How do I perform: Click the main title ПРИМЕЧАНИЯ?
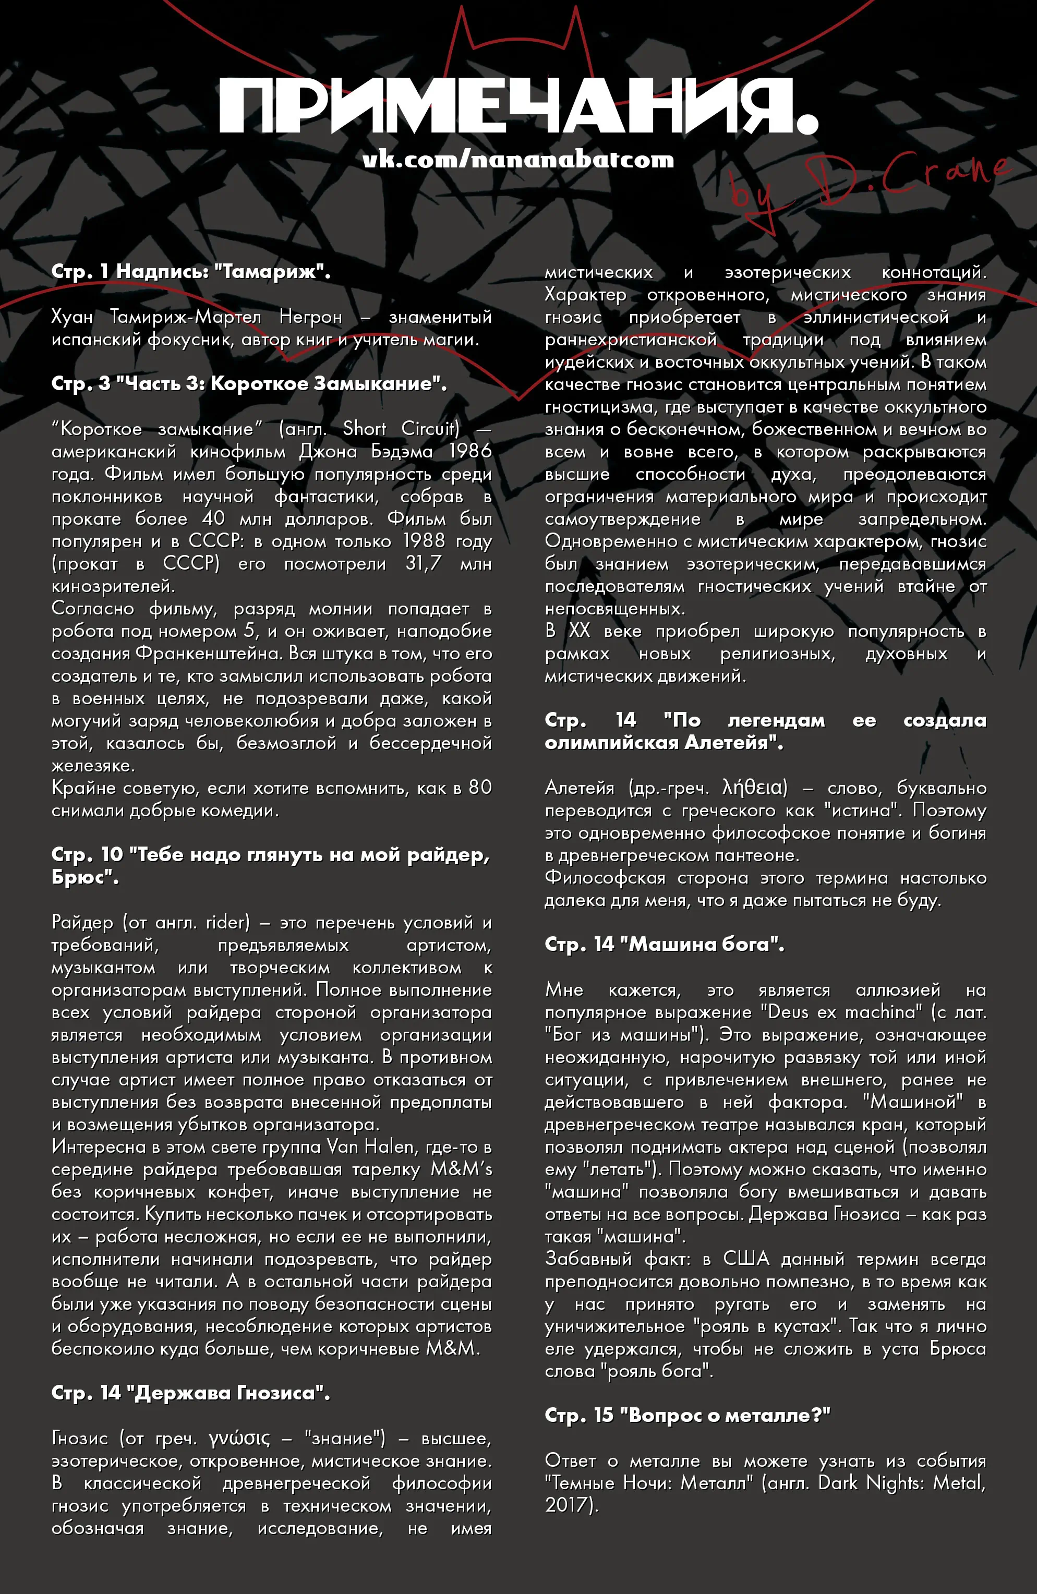(518, 107)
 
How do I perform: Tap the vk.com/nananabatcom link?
(518, 160)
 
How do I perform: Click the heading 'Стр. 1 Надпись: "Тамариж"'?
(191, 271)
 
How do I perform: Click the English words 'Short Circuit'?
(401, 429)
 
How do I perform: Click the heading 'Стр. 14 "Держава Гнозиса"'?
(190, 1393)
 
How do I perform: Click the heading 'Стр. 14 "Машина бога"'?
(664, 944)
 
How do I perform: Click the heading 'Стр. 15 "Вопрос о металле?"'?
(688, 1415)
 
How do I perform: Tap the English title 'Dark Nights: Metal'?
(902, 1483)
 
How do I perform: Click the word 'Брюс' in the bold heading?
(85, 877)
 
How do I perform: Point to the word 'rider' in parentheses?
(226, 922)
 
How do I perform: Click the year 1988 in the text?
(424, 540)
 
